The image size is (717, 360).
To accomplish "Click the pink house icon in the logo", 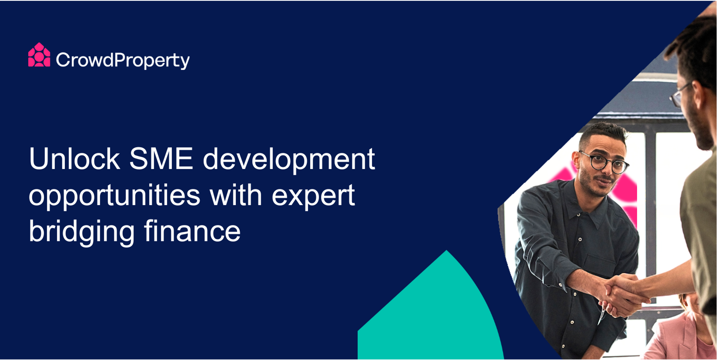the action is [39, 55].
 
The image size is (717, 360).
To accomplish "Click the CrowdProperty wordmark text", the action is [123, 60].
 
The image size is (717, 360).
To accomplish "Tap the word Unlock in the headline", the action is [74, 159].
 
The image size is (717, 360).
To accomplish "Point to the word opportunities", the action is [114, 196].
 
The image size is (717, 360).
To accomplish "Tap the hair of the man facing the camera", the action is [603, 133].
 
